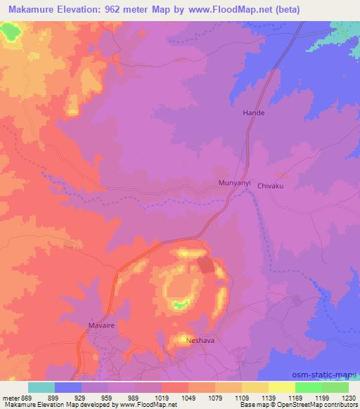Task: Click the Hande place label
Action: coord(253,112)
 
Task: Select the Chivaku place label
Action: coord(270,186)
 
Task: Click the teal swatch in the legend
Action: coord(41,387)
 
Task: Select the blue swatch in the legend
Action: coord(68,387)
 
